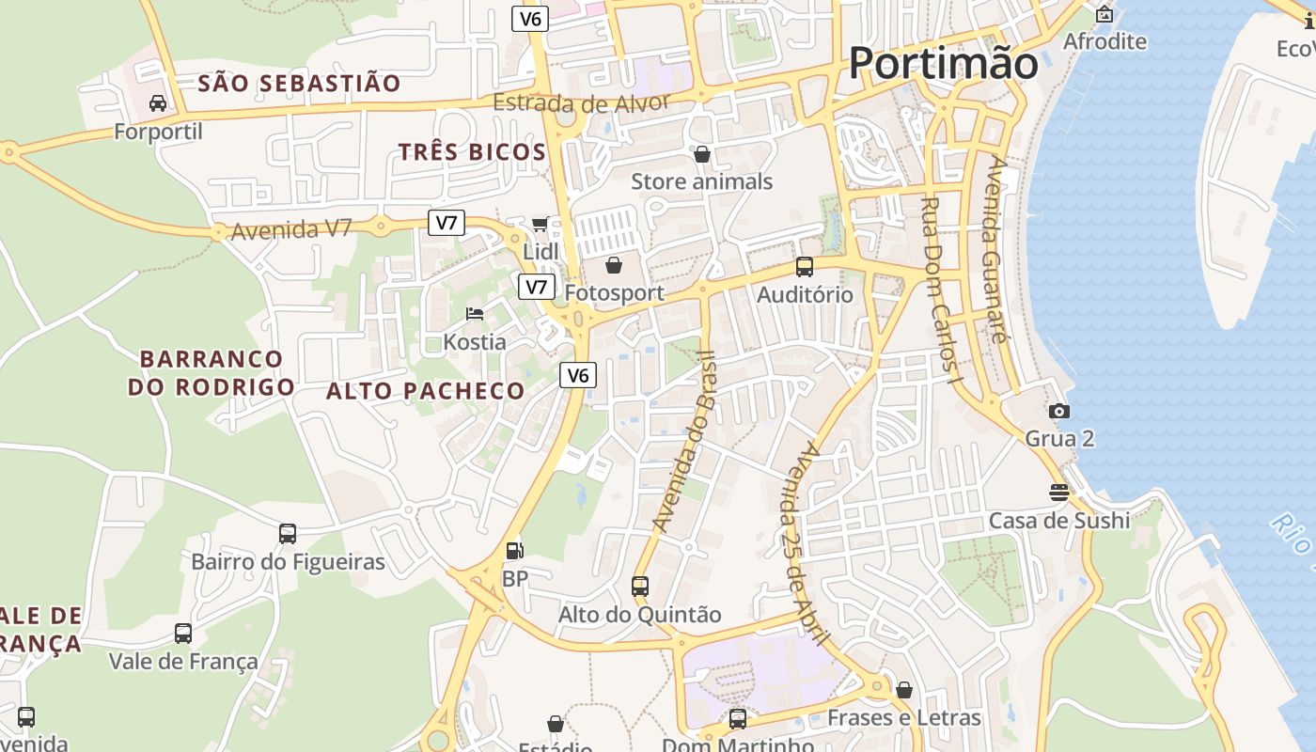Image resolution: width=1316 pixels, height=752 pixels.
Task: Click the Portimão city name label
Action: click(943, 64)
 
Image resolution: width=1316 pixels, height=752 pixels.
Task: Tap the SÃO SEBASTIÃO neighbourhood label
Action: click(299, 84)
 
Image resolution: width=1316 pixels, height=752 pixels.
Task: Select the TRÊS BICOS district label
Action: click(472, 152)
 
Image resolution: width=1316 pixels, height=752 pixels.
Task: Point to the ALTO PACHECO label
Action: click(426, 391)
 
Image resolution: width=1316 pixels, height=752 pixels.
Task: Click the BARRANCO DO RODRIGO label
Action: click(211, 372)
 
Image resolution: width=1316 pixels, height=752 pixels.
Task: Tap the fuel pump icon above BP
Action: click(514, 551)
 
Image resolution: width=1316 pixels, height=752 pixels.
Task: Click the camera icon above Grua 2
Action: click(1059, 411)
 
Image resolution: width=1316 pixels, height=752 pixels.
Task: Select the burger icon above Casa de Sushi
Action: click(1059, 492)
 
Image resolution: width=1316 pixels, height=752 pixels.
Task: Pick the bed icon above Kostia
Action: click(475, 313)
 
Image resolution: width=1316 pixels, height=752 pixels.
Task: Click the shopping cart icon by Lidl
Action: click(540, 224)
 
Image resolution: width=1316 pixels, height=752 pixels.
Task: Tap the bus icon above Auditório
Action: click(805, 266)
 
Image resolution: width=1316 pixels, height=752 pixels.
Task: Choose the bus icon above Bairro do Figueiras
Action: click(288, 533)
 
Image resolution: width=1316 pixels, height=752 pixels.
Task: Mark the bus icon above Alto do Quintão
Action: click(640, 586)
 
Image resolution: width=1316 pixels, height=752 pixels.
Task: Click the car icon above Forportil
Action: click(158, 102)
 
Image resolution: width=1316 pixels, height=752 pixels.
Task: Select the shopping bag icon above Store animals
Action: click(702, 153)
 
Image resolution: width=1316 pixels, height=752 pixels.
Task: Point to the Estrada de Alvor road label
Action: click(582, 103)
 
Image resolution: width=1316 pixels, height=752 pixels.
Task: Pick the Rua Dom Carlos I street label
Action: click(940, 291)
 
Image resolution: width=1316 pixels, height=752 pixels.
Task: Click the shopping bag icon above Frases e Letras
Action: click(904, 690)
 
